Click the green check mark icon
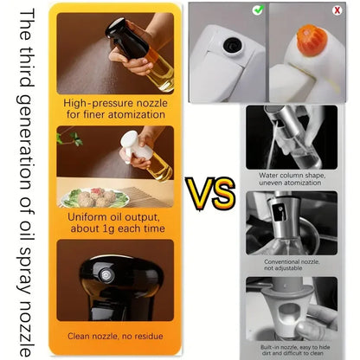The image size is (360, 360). [258, 10]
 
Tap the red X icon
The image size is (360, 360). [337, 10]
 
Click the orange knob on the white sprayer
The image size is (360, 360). [312, 40]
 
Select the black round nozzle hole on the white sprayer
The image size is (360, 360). [232, 45]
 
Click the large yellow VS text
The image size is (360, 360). [210, 192]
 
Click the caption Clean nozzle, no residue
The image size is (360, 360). [115, 337]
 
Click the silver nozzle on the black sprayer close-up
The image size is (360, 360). [106, 274]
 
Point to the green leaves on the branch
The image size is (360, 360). [70, 138]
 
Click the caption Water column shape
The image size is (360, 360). [292, 176]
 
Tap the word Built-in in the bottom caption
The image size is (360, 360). [270, 347]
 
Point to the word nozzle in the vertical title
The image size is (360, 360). [26, 329]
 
